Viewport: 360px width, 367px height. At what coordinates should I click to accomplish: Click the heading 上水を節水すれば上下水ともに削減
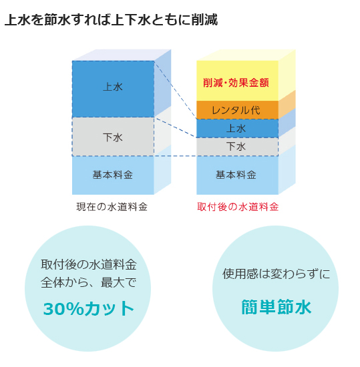point(112,19)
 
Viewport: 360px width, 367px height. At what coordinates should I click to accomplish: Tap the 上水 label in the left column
point(113,87)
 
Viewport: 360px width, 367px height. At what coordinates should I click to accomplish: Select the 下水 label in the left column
point(113,137)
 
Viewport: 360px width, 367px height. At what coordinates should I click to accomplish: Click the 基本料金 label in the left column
point(113,175)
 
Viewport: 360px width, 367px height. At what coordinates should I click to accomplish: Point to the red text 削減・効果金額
point(236,83)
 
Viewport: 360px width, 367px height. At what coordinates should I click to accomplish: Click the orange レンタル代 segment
point(237,110)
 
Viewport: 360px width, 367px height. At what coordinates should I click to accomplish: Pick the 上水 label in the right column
point(236,128)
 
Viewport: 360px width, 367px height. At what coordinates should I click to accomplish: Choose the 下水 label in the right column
point(236,147)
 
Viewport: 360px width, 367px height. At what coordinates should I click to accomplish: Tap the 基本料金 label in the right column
point(236,175)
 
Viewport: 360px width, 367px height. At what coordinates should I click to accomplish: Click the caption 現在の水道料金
point(112,207)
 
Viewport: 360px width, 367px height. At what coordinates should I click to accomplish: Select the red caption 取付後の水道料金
point(238,207)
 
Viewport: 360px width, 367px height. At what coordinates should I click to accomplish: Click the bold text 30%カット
point(89,308)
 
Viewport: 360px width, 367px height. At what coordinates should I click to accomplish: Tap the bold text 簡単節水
point(276,307)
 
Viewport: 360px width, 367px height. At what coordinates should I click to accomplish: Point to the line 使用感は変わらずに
point(276,274)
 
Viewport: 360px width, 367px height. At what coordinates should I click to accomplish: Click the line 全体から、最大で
point(89,282)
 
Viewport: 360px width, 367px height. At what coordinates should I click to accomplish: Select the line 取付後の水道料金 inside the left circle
point(89,265)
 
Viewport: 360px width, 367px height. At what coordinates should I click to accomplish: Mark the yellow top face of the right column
point(246,55)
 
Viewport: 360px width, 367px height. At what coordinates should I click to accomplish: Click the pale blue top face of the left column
point(122,55)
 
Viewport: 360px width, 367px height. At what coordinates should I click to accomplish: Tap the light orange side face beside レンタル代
point(287,105)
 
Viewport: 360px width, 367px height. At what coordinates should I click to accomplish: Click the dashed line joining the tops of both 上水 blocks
point(175,90)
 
